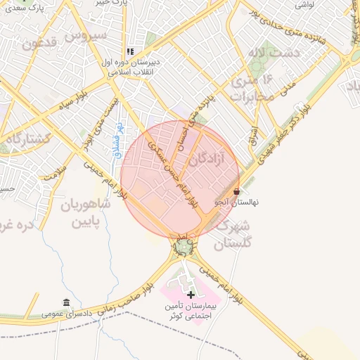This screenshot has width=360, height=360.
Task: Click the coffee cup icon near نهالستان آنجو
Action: (x=237, y=191)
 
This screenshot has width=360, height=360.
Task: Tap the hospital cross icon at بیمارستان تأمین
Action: (x=190, y=294)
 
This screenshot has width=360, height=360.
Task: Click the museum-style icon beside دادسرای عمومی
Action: (x=66, y=302)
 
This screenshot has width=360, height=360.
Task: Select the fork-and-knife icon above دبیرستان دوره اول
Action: (x=130, y=51)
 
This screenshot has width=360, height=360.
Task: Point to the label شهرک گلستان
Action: (x=232, y=236)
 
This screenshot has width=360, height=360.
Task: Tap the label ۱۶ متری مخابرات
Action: (x=251, y=89)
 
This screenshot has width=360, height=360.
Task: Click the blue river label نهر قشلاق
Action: (x=118, y=139)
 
